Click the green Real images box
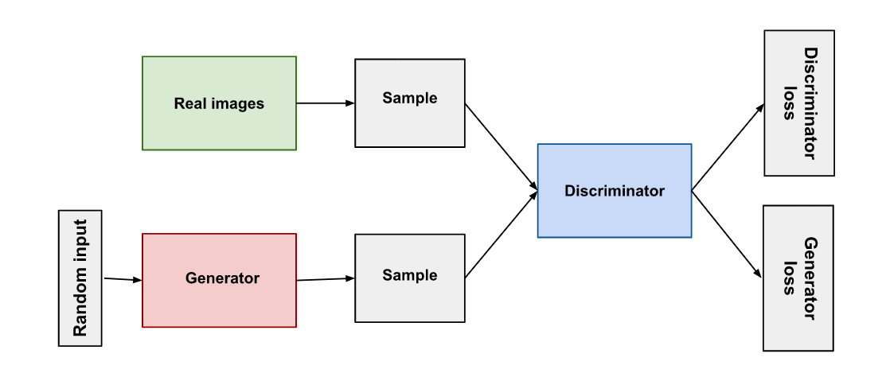219,103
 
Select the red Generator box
219,279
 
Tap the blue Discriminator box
614,191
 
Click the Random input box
80,278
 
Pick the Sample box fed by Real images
409,103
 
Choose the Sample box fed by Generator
409,278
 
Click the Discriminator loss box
799,103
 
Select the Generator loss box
798,278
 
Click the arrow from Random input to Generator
123,279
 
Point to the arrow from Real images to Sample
325,103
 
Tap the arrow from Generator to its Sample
325,279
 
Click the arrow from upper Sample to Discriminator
501,146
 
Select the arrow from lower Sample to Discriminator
501,235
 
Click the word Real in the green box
189,103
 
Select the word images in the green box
236,103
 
